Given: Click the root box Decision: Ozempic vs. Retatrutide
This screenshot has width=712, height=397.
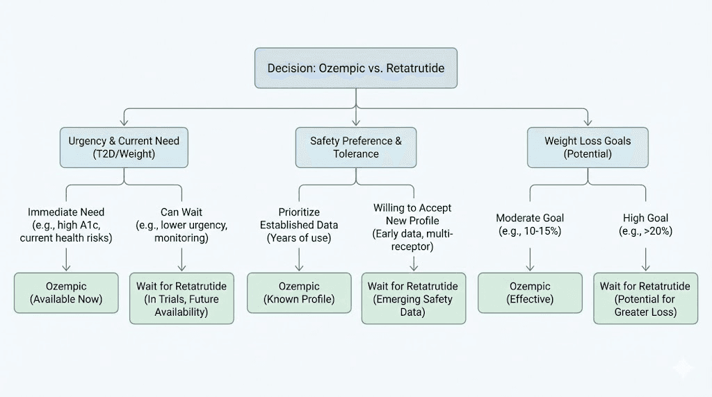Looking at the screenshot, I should [x=356, y=68].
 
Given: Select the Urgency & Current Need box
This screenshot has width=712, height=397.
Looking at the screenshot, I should [x=124, y=147].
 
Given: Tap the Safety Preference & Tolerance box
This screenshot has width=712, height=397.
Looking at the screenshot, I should [x=356, y=147].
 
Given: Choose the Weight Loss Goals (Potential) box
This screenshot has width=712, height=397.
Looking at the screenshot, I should [x=588, y=147].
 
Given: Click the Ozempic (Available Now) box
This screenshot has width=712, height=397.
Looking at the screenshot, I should [x=66, y=293].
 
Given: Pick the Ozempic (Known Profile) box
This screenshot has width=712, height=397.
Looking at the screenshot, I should [x=299, y=293].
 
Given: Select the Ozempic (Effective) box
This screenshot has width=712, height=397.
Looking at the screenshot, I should [x=530, y=293].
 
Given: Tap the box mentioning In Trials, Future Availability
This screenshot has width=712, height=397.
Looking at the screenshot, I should [x=181, y=298].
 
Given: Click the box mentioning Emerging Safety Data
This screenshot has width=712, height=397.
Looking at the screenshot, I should [x=414, y=298].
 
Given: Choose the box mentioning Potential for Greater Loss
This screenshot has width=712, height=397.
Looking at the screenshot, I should [x=645, y=298].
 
